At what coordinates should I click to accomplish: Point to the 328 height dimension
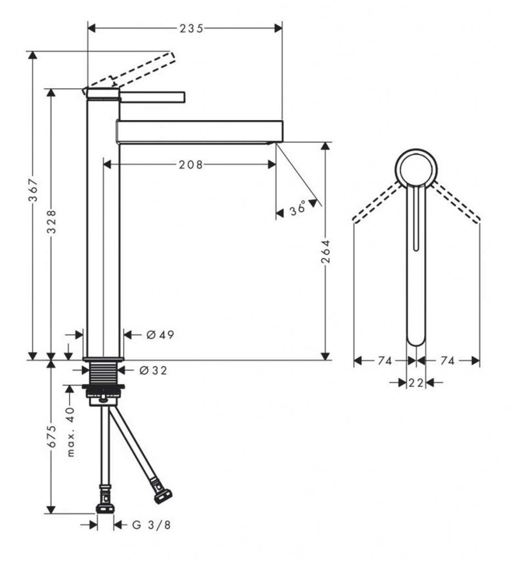click(x=52, y=222)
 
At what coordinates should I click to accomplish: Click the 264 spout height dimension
click(x=326, y=251)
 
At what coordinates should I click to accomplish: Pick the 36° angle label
click(x=298, y=209)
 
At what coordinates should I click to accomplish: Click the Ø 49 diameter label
click(x=160, y=334)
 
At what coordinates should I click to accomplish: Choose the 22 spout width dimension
click(x=416, y=382)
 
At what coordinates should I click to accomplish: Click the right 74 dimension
click(x=448, y=360)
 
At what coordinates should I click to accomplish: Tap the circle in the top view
click(x=416, y=168)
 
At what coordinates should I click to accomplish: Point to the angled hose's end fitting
click(x=163, y=495)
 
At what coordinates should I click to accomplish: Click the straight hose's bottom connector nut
click(x=105, y=508)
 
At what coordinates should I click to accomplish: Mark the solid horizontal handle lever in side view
click(x=153, y=97)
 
